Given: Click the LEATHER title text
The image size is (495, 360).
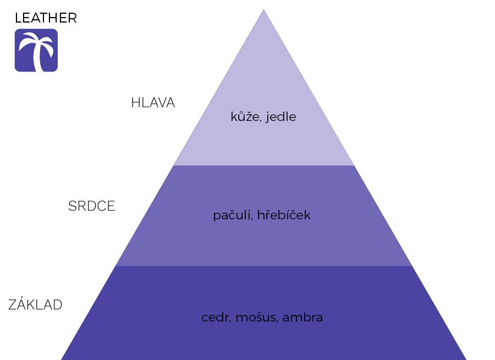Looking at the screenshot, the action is tap(46, 18).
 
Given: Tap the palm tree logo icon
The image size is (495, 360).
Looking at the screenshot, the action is tap(36, 50).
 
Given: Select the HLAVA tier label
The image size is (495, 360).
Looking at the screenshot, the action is tap(153, 103).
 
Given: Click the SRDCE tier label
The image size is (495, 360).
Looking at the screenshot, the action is tap(91, 206).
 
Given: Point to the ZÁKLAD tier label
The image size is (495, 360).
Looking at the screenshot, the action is tap(35, 304).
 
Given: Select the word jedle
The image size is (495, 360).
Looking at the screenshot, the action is tap(281, 117).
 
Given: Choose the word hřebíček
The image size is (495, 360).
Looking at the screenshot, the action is tap(284, 214).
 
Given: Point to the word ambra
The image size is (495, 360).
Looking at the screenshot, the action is tap(302, 317).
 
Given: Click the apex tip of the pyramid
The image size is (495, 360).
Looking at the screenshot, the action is tap(263, 9).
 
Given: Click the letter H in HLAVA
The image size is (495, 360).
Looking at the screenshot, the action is tap(136, 103).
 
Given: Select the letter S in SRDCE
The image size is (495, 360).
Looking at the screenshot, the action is tap(73, 206).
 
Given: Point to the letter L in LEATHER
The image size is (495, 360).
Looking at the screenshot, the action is tap(18, 18).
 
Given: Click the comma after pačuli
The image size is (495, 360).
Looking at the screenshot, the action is tap(252, 218).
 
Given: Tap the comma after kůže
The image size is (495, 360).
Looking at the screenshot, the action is tap(261, 120).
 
